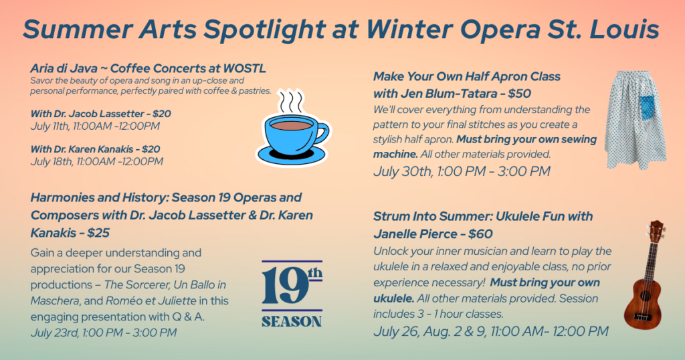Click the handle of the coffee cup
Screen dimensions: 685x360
(321, 132)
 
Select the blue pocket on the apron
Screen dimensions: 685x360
(648, 108)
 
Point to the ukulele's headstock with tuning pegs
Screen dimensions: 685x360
(656, 232)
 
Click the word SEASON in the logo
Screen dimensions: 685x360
(292, 322)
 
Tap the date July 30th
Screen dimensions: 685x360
(402, 171)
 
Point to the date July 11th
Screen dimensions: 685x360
(50, 126)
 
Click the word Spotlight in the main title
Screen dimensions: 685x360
(264, 29)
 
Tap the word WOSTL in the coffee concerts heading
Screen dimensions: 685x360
(244, 69)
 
